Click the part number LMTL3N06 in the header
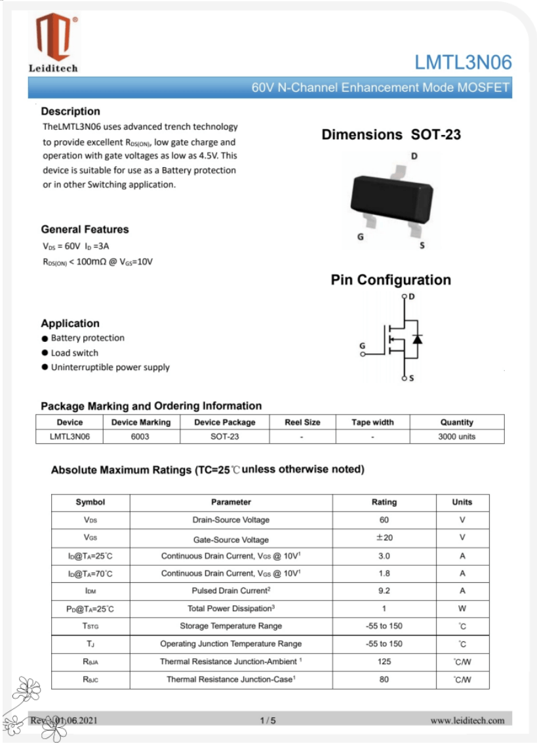(x=463, y=63)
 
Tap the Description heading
(x=70, y=111)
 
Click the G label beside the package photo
(x=360, y=237)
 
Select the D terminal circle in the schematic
(x=403, y=297)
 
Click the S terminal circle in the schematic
(x=403, y=379)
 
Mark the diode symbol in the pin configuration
(x=417, y=339)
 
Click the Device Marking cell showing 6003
(x=140, y=436)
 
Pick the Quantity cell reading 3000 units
(x=456, y=436)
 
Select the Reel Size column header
(x=302, y=422)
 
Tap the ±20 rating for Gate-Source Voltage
(x=384, y=538)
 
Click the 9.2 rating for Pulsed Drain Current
(x=384, y=591)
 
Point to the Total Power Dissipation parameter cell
(x=231, y=608)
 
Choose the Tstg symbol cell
(x=90, y=626)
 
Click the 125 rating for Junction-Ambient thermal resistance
(x=384, y=662)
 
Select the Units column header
(x=462, y=502)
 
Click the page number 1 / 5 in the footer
(x=268, y=720)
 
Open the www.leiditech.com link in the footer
(x=467, y=720)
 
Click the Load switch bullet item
(x=75, y=353)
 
